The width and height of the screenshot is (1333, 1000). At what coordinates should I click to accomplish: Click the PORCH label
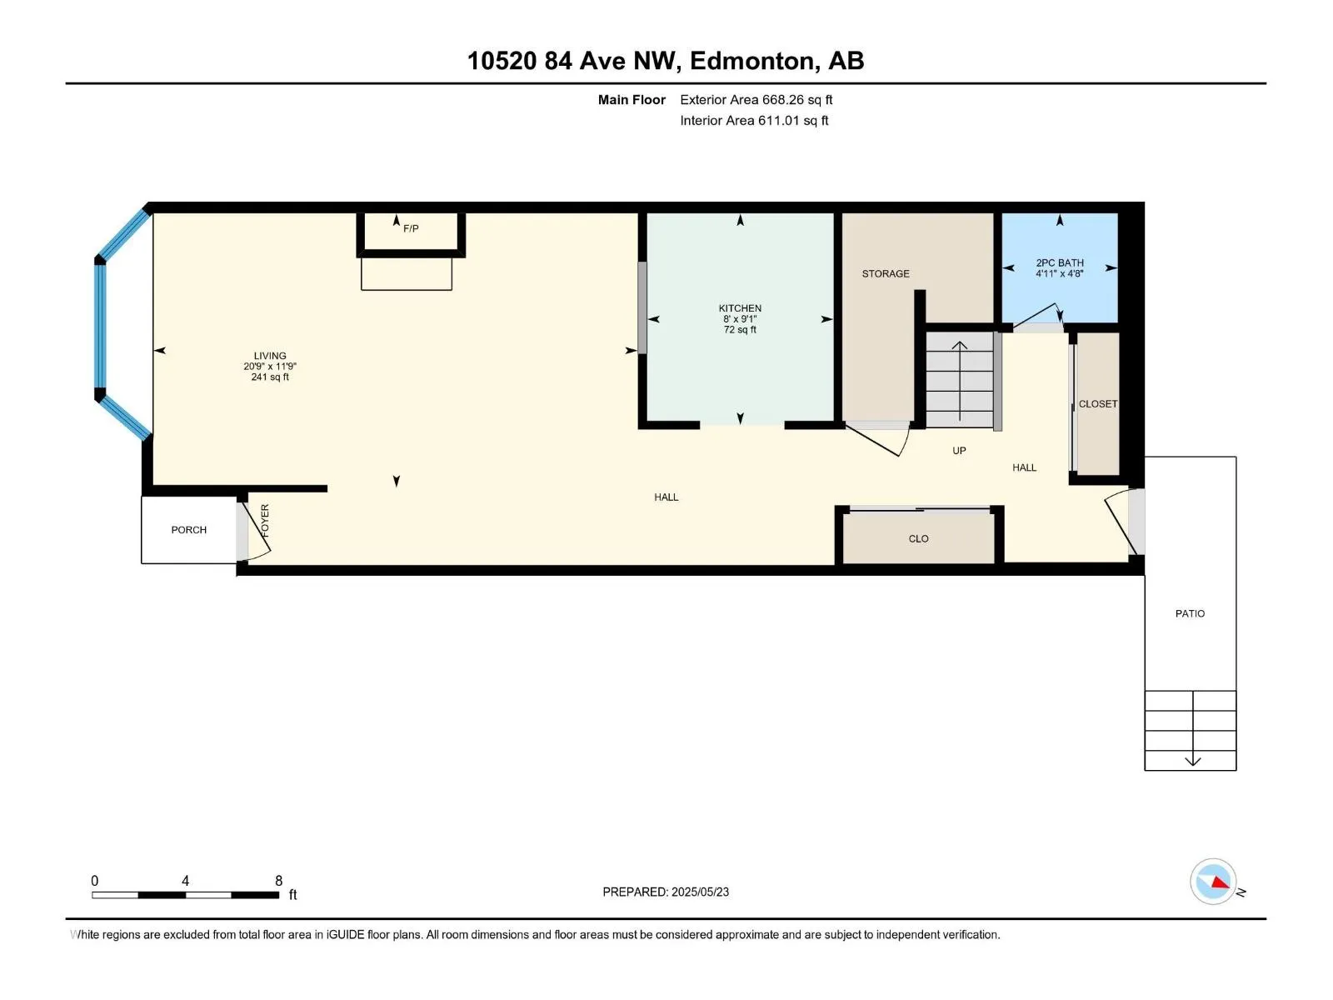coord(189,530)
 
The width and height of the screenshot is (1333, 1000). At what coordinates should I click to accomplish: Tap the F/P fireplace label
coord(411,229)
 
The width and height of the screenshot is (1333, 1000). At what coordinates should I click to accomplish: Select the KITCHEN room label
coord(741,308)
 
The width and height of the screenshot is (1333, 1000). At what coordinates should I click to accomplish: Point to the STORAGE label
coord(886,274)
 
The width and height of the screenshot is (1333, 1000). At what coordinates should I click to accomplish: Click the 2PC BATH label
coord(1061,262)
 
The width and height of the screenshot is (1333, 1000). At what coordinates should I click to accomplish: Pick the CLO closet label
coord(919,539)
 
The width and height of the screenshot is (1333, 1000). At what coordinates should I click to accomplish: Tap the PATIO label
coord(1191,614)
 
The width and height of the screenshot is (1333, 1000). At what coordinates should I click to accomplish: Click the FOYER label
coord(265,521)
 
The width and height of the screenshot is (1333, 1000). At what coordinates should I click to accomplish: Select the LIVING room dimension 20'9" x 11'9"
coord(270,367)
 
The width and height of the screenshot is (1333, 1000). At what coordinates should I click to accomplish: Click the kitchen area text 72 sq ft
coord(741,330)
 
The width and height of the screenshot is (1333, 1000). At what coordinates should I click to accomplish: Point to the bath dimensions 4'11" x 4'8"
coord(1061,274)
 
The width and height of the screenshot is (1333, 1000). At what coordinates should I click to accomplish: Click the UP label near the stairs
coord(960,451)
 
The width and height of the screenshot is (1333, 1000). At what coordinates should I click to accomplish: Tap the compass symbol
coord(1213,882)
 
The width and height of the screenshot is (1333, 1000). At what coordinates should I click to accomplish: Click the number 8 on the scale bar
coord(279,881)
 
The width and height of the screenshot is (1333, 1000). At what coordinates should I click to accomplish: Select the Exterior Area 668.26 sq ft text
coord(756,100)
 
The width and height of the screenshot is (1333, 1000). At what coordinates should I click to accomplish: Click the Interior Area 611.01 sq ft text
coord(754,121)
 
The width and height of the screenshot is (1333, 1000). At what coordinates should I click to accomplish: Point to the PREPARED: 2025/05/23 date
coord(666,892)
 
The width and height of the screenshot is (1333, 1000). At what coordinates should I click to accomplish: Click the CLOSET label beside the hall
coord(1098,404)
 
